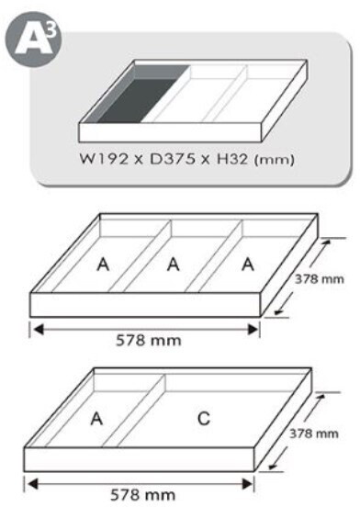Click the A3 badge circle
(34, 39)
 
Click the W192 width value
(104, 160)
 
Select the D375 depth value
(173, 160)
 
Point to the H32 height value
(232, 160)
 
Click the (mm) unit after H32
(275, 160)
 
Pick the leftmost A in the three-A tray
(104, 265)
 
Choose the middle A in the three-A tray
(174, 265)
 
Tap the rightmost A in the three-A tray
(248, 265)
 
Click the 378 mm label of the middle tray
(320, 278)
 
